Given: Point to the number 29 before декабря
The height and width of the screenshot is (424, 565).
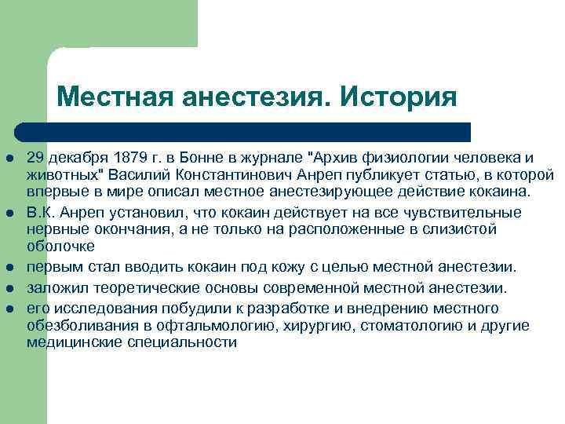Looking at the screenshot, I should pos(35,156).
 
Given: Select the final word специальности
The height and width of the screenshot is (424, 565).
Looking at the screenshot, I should pos(184,342).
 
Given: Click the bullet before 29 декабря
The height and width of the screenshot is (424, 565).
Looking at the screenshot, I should pos(9,157).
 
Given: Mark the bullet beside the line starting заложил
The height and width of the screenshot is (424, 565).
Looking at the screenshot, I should pos(9,289).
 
